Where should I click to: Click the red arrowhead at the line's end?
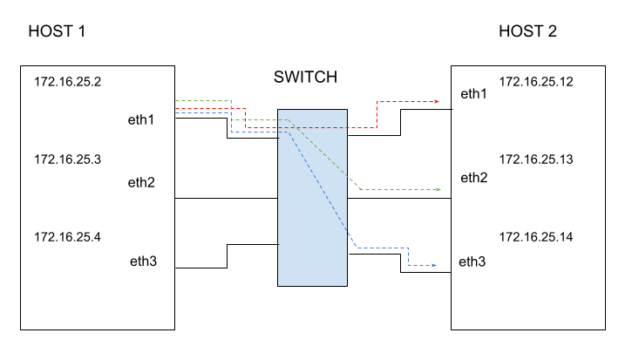pos(437,101)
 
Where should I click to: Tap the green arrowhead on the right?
pos(438,189)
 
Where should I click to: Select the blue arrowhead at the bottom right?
pos(434,265)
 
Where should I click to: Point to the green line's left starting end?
pos(176,101)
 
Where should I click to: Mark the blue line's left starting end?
pos(176,112)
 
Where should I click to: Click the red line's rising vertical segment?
pos(377,114)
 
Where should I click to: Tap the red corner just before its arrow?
pos(377,101)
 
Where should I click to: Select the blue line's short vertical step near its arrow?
pos(408,256)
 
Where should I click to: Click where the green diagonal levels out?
pos(362,189)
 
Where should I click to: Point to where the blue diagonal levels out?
pos(357,248)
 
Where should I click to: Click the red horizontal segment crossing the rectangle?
pos(312,127)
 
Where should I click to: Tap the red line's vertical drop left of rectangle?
pos(245,118)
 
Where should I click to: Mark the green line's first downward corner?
pos(231,101)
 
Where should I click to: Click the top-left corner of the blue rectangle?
pos(278,110)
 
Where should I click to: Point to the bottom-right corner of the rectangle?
pos(346,285)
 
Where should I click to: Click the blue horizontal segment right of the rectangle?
pos(382,248)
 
